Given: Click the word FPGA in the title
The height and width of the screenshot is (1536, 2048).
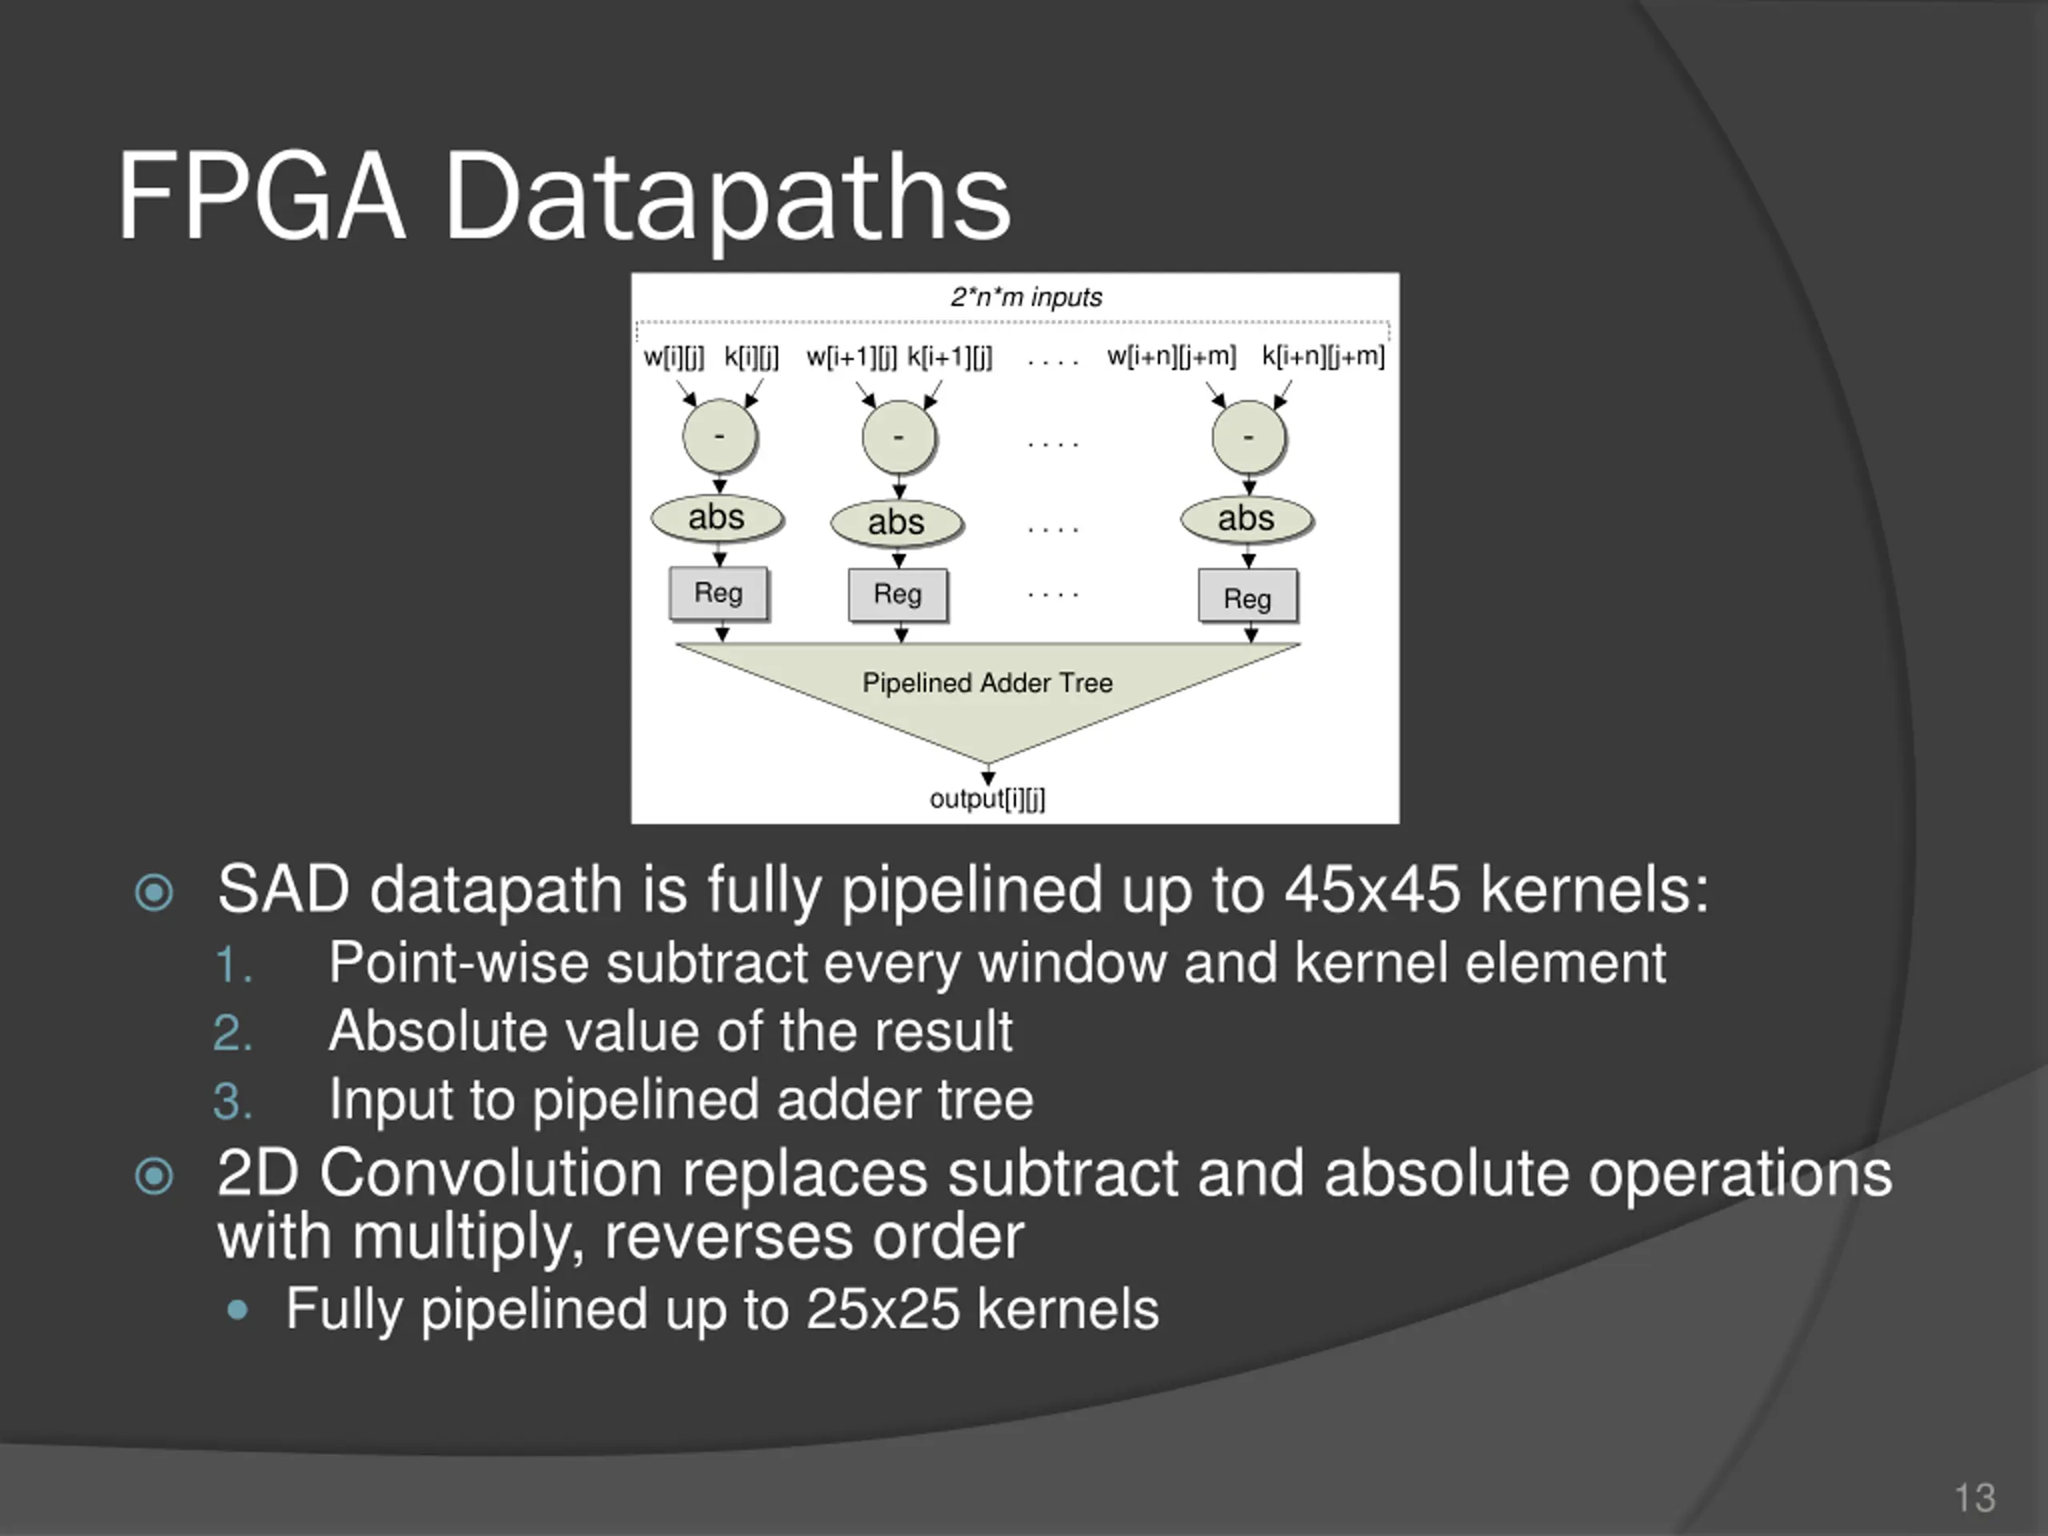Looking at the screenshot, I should pyautogui.click(x=261, y=198).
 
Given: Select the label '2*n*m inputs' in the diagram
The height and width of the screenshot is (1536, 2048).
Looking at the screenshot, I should pyautogui.click(x=1026, y=298).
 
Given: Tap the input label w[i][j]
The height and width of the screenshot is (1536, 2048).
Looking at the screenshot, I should pyautogui.click(x=673, y=357).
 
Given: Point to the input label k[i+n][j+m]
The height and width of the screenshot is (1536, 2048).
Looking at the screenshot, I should pyautogui.click(x=1323, y=357).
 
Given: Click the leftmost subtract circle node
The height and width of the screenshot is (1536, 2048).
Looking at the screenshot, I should pyautogui.click(x=719, y=437).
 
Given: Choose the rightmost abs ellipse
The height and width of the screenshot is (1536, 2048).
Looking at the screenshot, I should pyautogui.click(x=1246, y=518).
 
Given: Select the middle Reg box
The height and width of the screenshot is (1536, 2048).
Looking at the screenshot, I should pyautogui.click(x=897, y=594).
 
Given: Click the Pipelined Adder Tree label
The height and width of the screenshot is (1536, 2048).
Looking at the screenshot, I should pyautogui.click(x=987, y=683).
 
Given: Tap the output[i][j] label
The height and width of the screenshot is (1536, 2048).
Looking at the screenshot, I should pyautogui.click(x=987, y=799).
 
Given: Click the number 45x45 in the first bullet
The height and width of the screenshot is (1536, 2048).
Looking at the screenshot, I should pyautogui.click(x=1372, y=890).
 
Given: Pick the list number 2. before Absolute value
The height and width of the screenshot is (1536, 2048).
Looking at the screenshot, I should pyautogui.click(x=232, y=1032).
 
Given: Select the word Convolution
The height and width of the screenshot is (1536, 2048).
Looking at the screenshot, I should pyautogui.click(x=490, y=1174).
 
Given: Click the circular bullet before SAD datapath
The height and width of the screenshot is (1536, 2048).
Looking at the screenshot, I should pyautogui.click(x=154, y=893).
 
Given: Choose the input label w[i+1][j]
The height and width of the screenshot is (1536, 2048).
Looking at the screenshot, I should pyautogui.click(x=851, y=357).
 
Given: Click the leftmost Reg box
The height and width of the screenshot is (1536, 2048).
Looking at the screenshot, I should pyautogui.click(x=718, y=593).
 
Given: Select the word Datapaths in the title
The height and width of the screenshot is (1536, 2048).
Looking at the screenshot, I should pyautogui.click(x=728, y=198).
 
